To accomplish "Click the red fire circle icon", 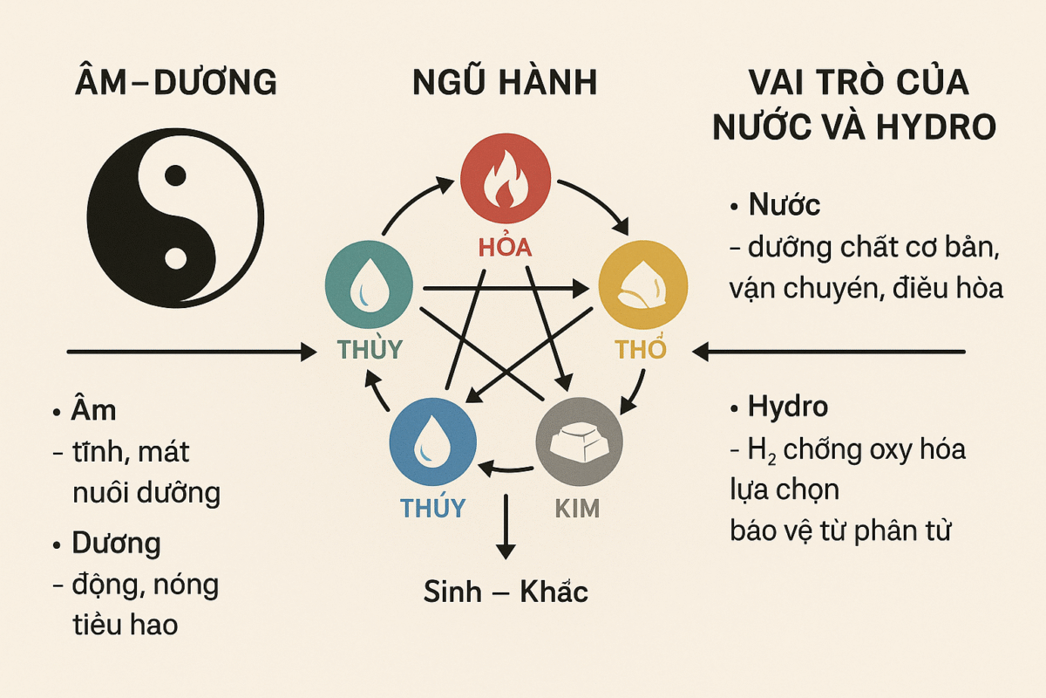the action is [506, 178].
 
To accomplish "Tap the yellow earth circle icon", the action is [642, 284].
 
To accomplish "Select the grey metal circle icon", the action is [579, 441].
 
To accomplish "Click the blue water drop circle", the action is [433, 441].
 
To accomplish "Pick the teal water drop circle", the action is [369, 284].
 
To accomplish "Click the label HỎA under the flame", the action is [506, 247].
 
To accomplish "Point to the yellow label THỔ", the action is [640, 349].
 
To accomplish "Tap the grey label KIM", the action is [577, 509].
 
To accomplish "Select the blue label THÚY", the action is [433, 507].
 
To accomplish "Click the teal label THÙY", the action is [370, 349].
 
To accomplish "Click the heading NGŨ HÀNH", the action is [506, 82].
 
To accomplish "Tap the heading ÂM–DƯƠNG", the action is [175, 82].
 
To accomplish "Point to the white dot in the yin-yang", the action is [175, 258].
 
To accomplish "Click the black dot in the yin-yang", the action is [175, 175].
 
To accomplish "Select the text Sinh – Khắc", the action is [506, 592].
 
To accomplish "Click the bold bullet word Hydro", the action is [788, 407].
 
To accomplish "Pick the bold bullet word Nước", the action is [784, 205].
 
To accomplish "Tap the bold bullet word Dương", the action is [116, 544].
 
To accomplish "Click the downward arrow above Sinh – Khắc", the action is [506, 526].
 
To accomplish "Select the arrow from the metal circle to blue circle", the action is [506, 469].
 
